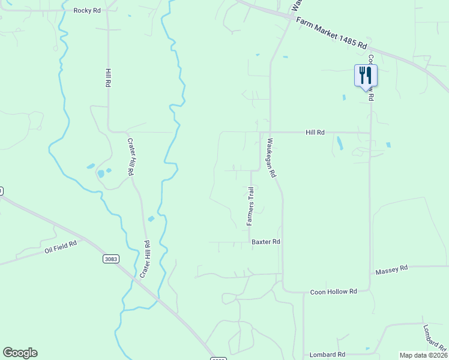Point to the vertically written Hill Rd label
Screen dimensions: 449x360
click(108, 79)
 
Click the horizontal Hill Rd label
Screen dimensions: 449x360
click(315, 132)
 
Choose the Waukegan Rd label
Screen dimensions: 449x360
click(271, 158)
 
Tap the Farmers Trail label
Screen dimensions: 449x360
click(251, 206)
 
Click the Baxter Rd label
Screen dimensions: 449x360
click(266, 242)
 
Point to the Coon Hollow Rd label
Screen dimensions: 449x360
click(333, 292)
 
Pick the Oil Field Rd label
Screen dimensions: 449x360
click(61, 247)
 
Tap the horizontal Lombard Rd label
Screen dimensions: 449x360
click(327, 355)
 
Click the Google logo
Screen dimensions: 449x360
click(20, 353)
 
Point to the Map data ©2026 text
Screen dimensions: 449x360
click(423, 355)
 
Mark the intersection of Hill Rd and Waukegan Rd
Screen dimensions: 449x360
click(270, 132)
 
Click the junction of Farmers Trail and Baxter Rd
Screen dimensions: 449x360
click(250, 242)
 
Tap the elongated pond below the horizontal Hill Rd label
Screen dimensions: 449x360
click(340, 143)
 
